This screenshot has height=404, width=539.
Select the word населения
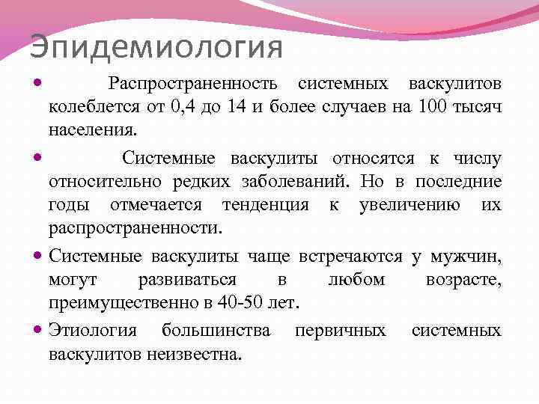pos(93,129)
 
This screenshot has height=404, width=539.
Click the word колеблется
pos(93,106)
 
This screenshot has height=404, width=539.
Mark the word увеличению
pos(406,204)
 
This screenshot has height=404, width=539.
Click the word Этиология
pos(94,330)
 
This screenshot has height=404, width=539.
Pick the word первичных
pos(341,330)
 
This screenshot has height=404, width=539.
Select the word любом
pos(357,279)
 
